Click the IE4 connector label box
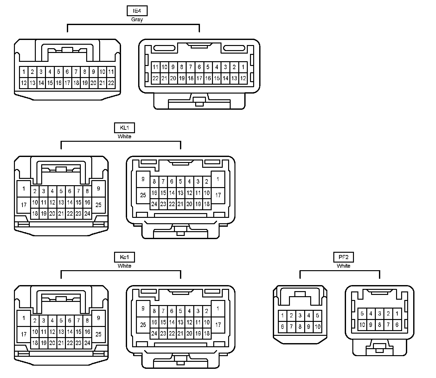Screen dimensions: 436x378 point(137,11)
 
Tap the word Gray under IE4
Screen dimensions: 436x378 point(137,20)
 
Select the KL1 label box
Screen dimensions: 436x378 point(124,128)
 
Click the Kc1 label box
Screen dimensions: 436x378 point(124,257)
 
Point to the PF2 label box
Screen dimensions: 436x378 point(343,257)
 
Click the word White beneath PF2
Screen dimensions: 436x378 point(343,266)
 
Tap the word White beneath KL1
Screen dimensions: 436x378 point(124,137)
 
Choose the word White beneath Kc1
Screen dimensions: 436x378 point(124,266)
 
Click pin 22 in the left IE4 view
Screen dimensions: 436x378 point(111,83)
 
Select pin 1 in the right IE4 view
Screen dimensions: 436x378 point(243,67)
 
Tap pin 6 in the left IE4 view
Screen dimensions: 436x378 point(67,72)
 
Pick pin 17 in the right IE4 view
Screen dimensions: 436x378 point(199,78)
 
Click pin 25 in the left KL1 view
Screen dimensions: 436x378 point(99,205)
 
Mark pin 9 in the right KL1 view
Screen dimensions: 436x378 point(143,179)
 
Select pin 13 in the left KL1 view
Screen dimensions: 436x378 point(61,202)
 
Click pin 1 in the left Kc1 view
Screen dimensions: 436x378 point(24,318)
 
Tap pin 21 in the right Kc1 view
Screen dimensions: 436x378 point(180,333)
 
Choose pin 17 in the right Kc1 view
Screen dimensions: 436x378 point(218,325)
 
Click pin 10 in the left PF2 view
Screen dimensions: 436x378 point(317,327)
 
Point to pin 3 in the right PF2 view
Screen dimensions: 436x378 point(380,314)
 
